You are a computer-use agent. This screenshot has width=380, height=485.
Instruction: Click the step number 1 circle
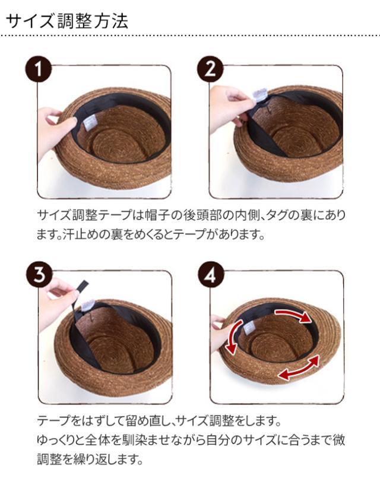(x=38, y=69)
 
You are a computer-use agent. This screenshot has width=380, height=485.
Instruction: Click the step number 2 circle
(x=210, y=69)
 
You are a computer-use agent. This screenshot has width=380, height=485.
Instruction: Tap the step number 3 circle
(x=39, y=274)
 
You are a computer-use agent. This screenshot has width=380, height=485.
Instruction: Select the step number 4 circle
(x=210, y=275)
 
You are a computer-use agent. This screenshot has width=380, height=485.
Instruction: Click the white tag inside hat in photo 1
(x=90, y=122)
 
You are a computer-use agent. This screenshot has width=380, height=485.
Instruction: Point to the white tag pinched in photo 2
(x=259, y=95)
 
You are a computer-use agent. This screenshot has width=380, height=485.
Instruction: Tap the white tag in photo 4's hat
(x=249, y=328)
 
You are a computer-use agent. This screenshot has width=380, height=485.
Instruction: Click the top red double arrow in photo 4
(x=293, y=315)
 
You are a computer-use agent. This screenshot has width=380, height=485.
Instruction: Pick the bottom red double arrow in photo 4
(x=298, y=367)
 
